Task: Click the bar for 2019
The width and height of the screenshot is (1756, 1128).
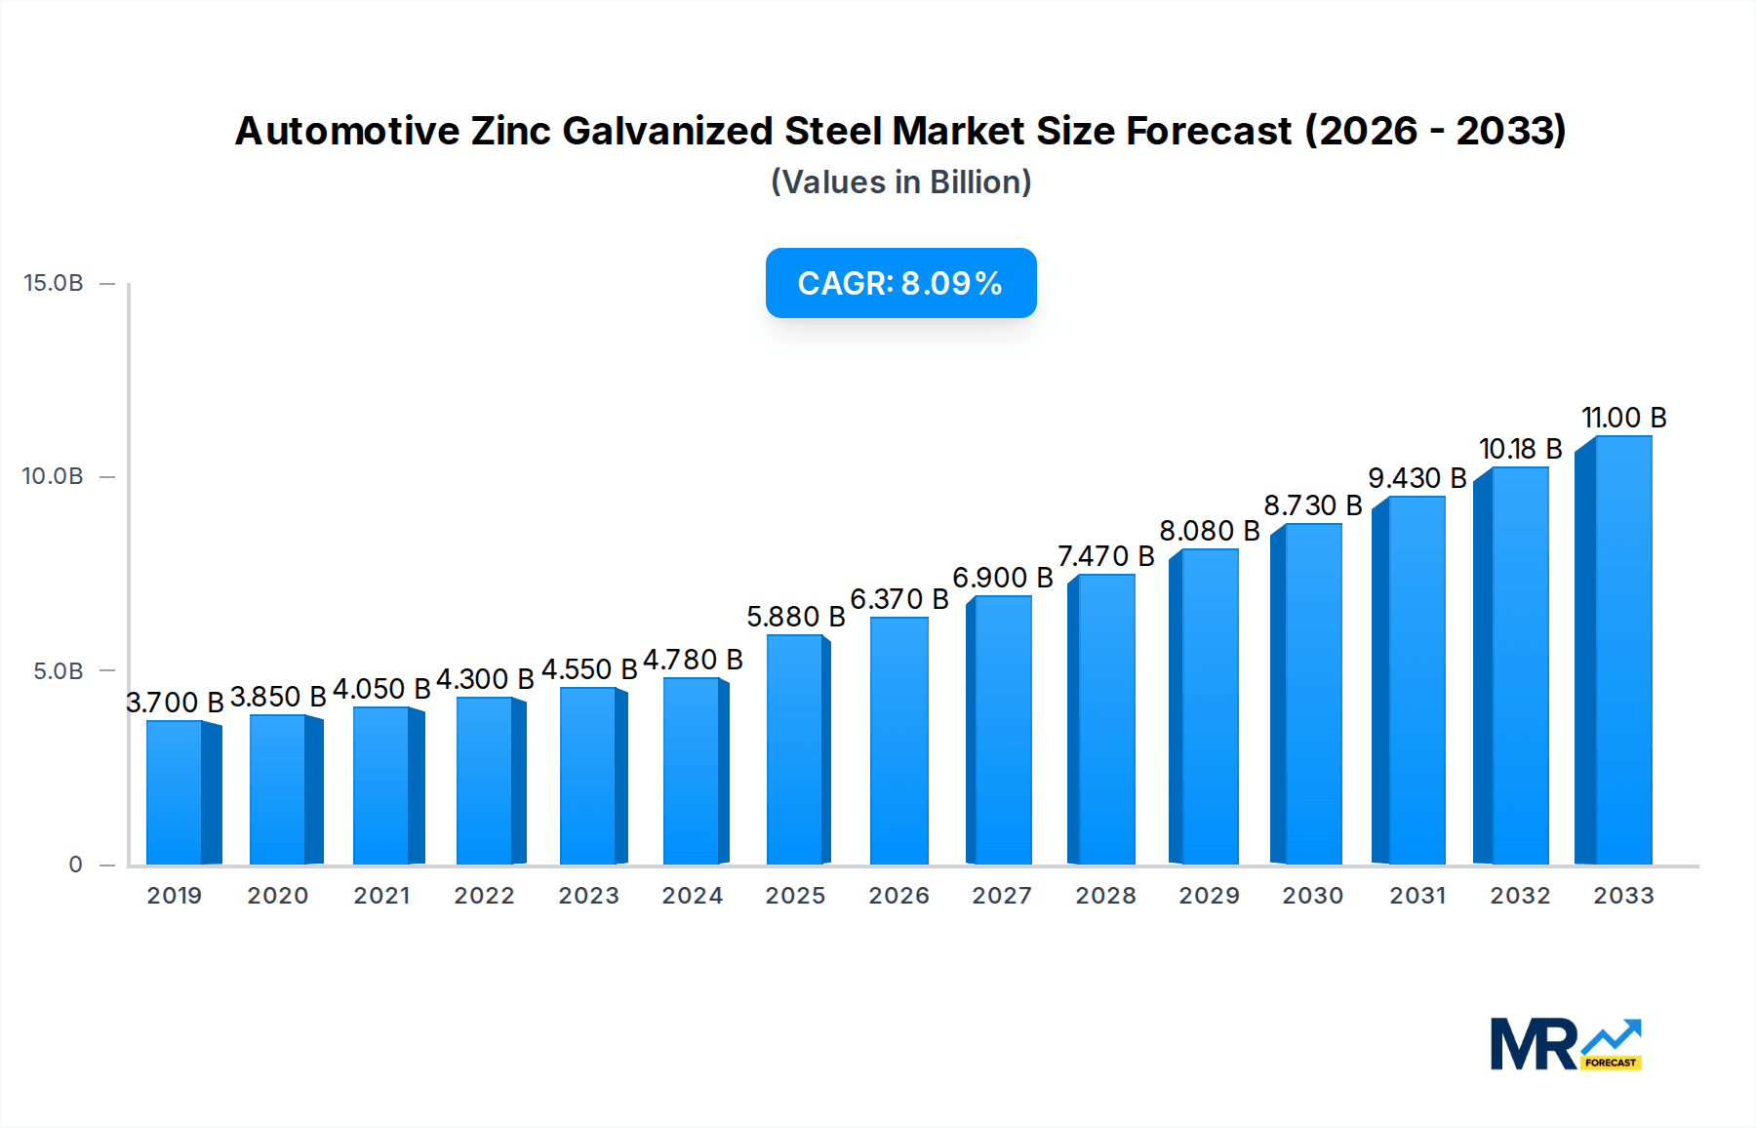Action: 176,792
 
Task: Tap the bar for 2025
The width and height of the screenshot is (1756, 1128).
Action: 795,749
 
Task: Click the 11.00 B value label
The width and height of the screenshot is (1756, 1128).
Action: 1623,418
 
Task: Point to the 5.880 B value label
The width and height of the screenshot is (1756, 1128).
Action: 795,617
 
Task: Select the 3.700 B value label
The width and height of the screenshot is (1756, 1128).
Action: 176,703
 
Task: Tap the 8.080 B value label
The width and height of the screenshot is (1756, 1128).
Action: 1209,531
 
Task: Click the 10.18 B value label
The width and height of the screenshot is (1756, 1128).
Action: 1520,449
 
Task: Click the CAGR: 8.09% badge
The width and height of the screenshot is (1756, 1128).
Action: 900,283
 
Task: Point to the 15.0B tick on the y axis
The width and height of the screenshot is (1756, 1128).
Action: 54,283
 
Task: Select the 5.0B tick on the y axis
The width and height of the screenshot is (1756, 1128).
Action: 59,671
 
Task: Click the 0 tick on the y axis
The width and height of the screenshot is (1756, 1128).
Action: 75,865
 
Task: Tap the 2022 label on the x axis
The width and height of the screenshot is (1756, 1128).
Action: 484,896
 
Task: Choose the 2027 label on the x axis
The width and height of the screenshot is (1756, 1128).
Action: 1002,896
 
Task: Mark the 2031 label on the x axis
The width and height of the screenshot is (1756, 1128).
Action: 1417,896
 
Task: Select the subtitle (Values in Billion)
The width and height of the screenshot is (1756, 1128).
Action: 900,182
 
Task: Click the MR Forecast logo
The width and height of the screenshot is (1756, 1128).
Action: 1565,1044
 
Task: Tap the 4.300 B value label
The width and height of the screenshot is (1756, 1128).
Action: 485,679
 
